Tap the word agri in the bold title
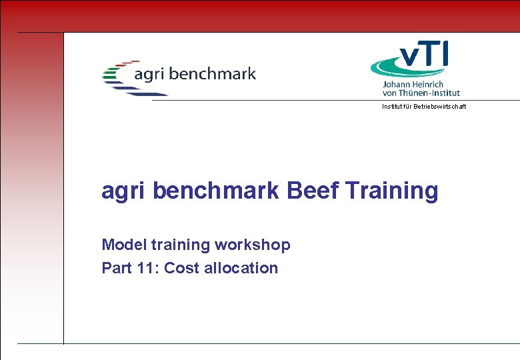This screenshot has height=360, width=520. [124, 191]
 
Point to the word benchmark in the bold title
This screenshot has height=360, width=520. [217, 191]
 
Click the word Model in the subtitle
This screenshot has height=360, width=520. [121, 245]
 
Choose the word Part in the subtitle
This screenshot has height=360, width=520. [117, 268]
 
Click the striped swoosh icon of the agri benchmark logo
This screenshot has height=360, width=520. [117, 77]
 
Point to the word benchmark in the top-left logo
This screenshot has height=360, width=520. [213, 73]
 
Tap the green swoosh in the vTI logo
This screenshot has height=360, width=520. [393, 67]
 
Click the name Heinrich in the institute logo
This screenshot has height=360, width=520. [432, 85]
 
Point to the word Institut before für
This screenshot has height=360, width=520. [391, 107]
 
